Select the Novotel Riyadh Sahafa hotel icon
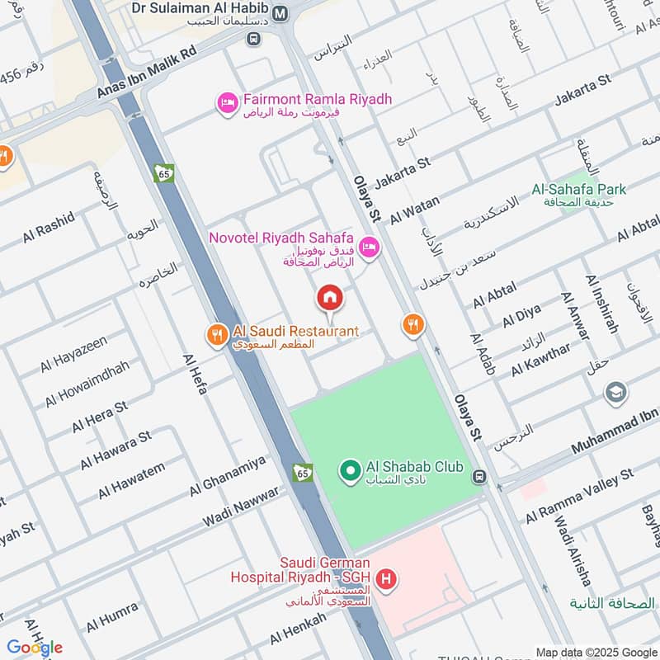(x=369, y=247)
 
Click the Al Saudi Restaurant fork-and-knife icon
(x=216, y=334)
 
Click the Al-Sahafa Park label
(x=579, y=190)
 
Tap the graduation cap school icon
(x=616, y=394)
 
